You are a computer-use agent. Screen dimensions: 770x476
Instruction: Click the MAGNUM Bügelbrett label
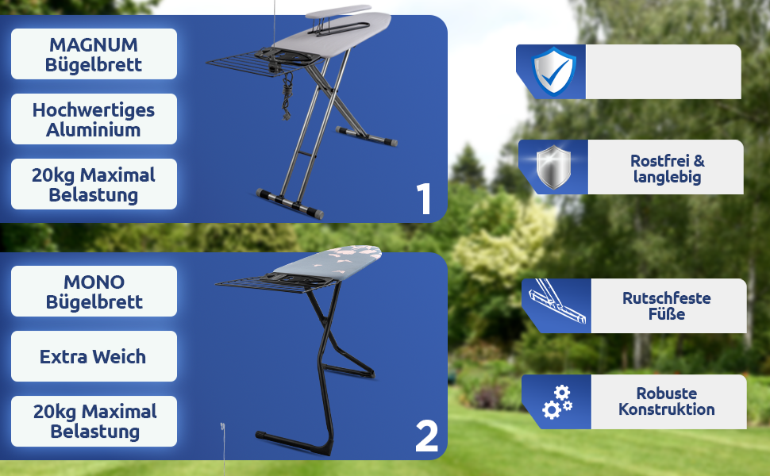(94, 54)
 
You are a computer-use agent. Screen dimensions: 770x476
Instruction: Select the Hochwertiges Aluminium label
(94, 119)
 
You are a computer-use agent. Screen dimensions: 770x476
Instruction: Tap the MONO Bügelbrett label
(94, 291)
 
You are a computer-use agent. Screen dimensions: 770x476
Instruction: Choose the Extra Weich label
(94, 356)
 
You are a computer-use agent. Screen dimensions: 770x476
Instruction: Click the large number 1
(423, 199)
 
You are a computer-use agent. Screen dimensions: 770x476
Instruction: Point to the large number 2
(426, 436)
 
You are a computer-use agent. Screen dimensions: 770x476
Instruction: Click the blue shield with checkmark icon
(554, 71)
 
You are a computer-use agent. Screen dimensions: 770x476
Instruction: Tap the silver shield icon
(553, 167)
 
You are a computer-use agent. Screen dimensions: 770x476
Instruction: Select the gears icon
(558, 402)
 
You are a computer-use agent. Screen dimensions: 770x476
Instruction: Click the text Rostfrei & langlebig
(667, 168)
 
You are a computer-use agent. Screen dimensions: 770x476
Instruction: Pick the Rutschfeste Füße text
(666, 305)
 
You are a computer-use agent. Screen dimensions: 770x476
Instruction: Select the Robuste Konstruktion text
(666, 401)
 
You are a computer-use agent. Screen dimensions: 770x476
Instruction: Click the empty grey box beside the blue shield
(664, 71)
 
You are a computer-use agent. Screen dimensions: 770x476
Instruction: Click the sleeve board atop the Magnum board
(339, 13)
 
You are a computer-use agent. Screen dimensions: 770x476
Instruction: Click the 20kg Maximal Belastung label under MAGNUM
(94, 184)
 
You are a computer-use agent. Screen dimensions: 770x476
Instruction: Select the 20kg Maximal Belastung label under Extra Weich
(94, 421)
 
